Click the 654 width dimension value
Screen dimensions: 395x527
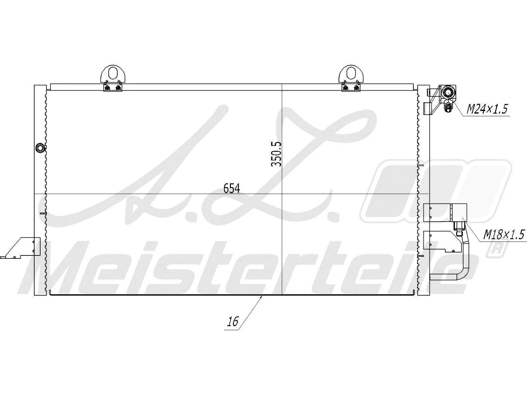(x=232, y=189)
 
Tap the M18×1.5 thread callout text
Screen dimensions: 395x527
(x=503, y=235)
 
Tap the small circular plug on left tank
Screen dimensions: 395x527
(x=41, y=148)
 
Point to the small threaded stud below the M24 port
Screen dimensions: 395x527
(x=448, y=107)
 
